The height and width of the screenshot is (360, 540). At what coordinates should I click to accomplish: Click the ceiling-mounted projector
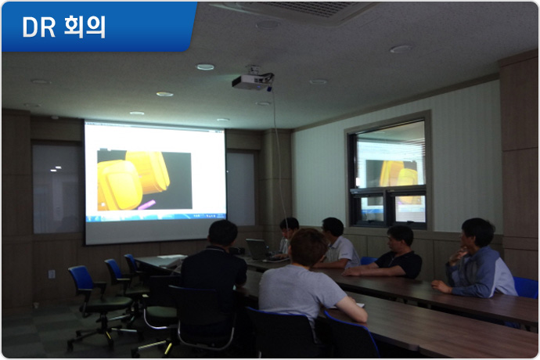point(253,81)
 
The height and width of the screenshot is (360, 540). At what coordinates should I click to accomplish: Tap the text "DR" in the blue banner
point(38,27)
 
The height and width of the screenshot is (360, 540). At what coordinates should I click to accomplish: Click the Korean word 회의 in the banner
point(85,27)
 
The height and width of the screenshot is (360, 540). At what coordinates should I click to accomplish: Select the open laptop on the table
point(258,250)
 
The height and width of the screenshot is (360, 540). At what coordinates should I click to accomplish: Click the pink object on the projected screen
point(146,204)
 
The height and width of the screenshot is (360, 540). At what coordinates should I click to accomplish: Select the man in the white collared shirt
point(336,245)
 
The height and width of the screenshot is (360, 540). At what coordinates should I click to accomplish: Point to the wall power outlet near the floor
point(52,274)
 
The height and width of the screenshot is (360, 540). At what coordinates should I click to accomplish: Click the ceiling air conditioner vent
point(303,10)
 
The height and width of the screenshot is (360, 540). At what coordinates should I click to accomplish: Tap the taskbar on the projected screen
point(156,217)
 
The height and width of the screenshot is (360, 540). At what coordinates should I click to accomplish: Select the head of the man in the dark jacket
point(223,233)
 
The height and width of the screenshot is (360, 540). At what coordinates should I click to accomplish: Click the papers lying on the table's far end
point(171,257)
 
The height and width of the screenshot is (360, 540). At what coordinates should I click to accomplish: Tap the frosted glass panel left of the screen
point(58,189)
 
